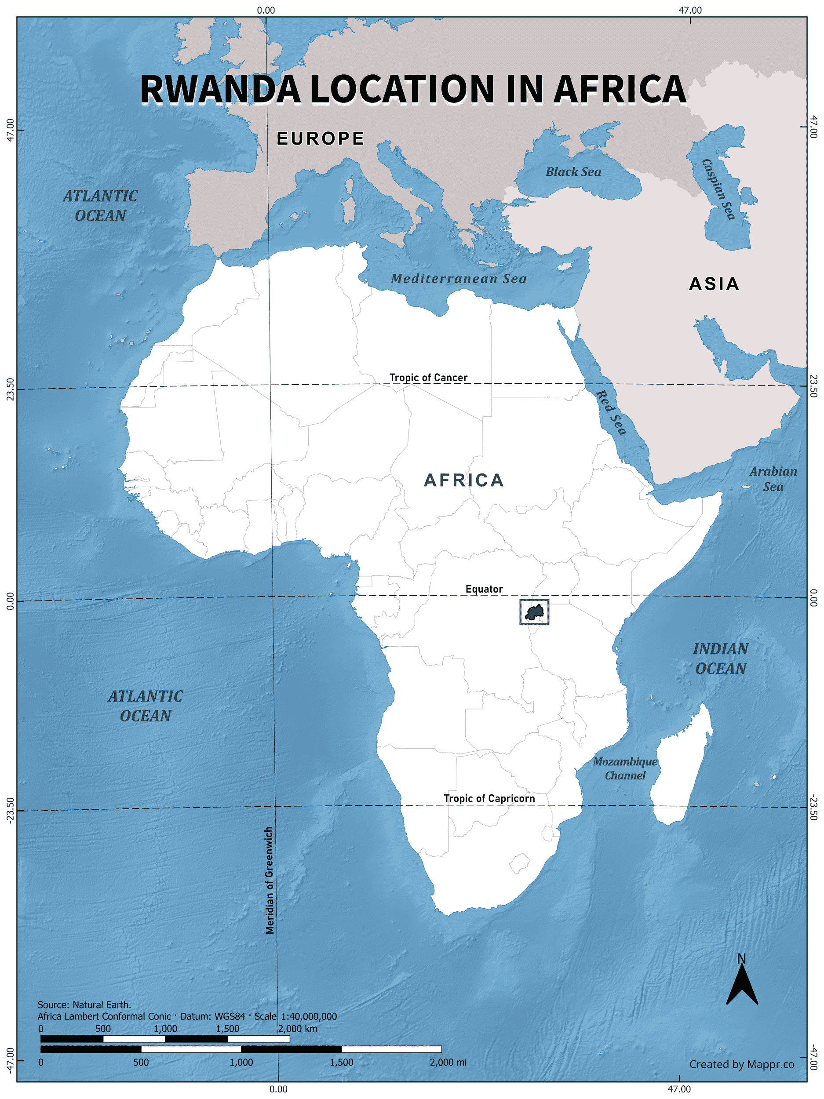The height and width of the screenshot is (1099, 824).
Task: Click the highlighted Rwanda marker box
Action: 534,611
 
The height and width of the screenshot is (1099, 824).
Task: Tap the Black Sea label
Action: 573,172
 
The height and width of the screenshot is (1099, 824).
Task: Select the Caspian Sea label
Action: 718,189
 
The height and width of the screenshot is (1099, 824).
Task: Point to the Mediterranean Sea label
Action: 458,279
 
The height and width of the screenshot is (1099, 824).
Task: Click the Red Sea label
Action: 611,412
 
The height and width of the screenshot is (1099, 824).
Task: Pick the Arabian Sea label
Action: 773,479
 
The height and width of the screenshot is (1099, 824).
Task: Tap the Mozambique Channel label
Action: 625,768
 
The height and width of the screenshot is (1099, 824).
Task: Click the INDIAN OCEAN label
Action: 721,659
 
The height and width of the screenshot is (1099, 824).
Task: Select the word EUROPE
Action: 321,138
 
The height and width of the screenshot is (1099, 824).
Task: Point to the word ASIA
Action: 714,284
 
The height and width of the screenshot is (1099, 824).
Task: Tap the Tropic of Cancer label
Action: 428,378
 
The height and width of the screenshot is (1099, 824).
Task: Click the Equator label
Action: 484,589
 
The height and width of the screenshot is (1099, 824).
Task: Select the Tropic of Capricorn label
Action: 489,798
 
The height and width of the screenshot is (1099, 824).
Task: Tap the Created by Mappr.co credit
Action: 741,1064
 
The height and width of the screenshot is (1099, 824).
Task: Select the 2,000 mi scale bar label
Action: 448,1062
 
